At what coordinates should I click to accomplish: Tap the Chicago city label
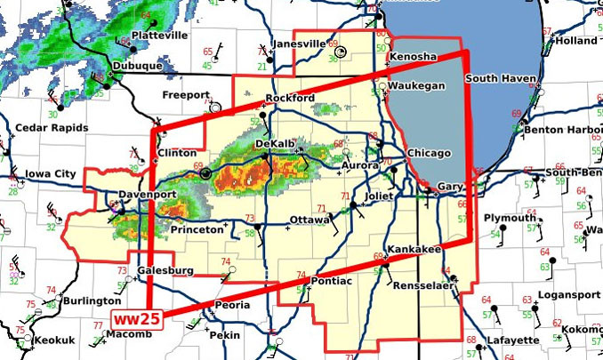coord(430,154)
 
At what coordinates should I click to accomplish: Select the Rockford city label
coord(291,97)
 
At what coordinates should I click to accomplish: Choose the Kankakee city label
coord(413,250)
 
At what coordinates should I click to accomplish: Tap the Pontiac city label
coord(331,281)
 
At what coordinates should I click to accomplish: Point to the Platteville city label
coord(159,35)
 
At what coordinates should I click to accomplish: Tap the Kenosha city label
coord(414,56)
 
